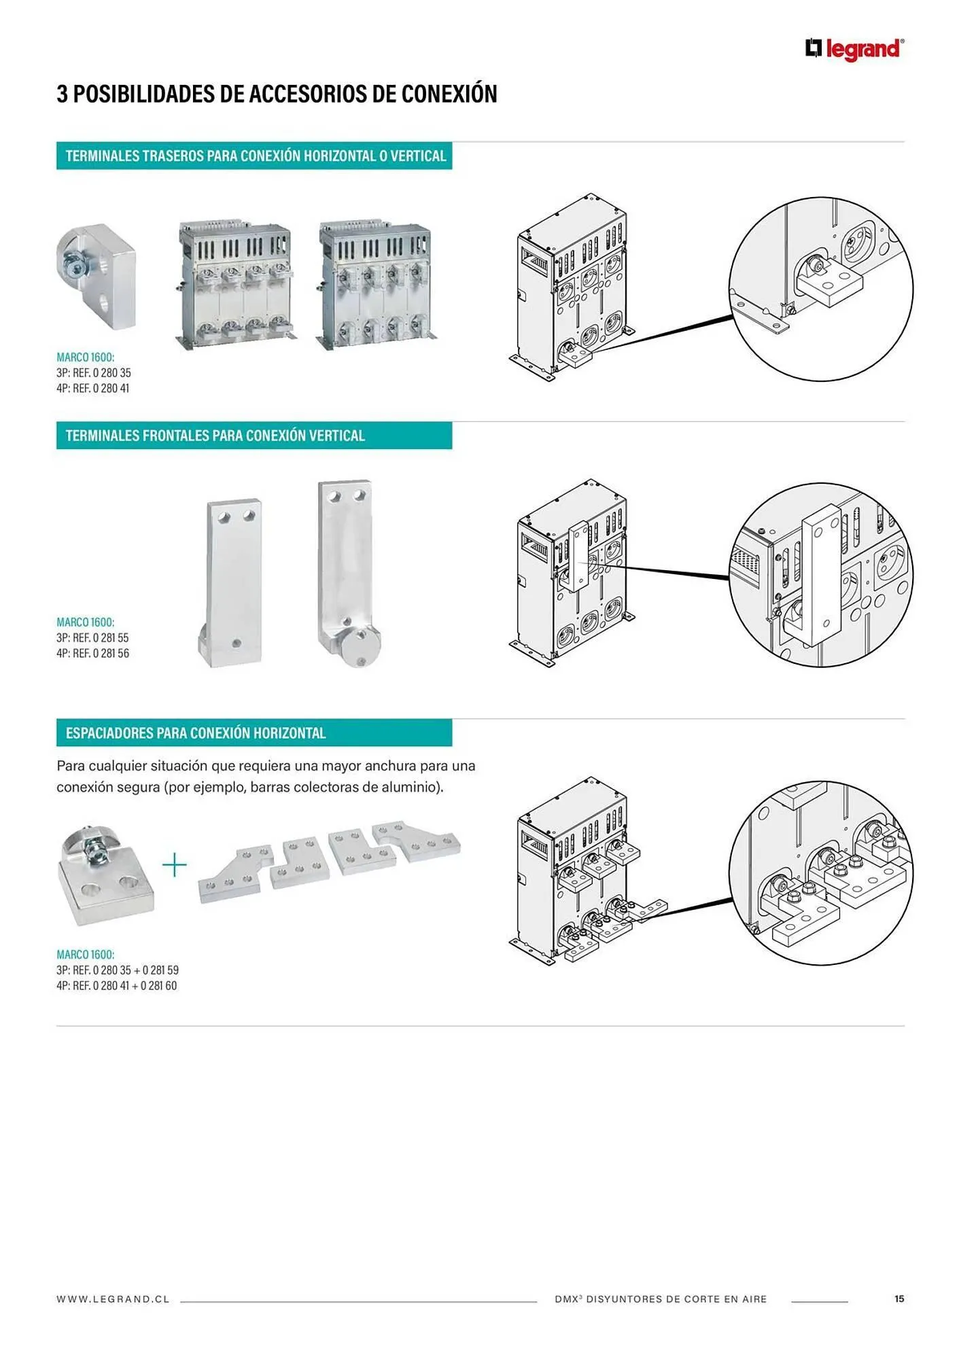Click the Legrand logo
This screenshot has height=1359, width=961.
pyautogui.click(x=855, y=50)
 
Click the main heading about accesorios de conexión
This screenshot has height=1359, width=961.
pyautogui.click(x=277, y=94)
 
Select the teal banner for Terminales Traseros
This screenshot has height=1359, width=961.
pyautogui.click(x=254, y=156)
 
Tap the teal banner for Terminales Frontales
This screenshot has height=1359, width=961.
pyautogui.click(x=254, y=436)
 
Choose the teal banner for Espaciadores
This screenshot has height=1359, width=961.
pyautogui.click(x=254, y=733)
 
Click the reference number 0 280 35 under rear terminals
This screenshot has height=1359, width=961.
pyautogui.click(x=111, y=373)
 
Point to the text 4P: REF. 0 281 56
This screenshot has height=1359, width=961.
pyautogui.click(x=92, y=654)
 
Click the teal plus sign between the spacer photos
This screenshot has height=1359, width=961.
pyautogui.click(x=175, y=865)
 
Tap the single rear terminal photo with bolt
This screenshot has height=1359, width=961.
pyautogui.click(x=96, y=277)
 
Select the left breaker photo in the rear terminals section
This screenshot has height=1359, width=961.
pyautogui.click(x=236, y=283)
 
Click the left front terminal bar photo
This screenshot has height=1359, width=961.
pyautogui.click(x=231, y=582)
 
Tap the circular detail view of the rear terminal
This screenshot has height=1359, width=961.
pyautogui.click(x=821, y=289)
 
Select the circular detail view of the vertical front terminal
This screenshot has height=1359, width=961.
pyautogui.click(x=821, y=575)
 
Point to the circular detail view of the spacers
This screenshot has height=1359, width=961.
pyautogui.click(x=821, y=872)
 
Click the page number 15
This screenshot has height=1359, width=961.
pyautogui.click(x=899, y=1299)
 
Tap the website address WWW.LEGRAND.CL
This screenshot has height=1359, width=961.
pyautogui.click(x=113, y=1299)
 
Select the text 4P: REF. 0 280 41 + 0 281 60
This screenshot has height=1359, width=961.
pyautogui.click(x=117, y=986)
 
